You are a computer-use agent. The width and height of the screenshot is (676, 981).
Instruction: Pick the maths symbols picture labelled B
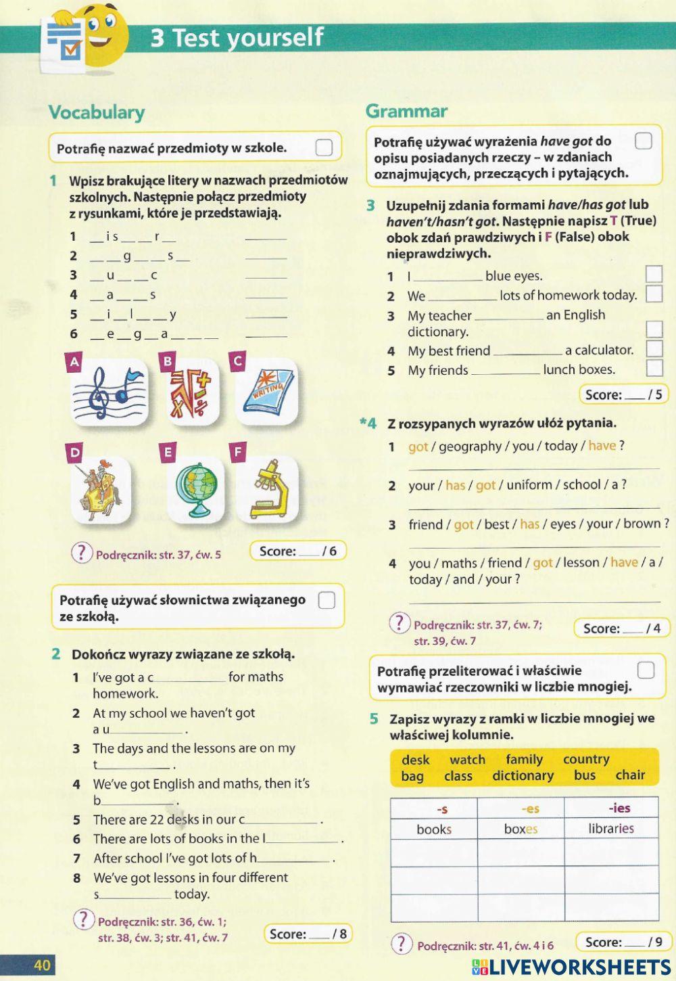point(191,393)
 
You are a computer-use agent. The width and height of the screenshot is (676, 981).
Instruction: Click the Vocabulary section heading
point(97,112)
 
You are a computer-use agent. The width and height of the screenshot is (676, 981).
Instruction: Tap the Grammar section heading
point(406,111)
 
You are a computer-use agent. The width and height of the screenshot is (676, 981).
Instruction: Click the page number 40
point(42,965)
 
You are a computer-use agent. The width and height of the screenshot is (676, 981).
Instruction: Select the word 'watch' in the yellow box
point(467,760)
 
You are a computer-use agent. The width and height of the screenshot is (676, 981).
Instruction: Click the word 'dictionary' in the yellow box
point(523,776)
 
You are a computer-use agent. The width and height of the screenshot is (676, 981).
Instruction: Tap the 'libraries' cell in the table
point(611,829)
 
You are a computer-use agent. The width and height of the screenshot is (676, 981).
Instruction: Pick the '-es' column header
point(530,808)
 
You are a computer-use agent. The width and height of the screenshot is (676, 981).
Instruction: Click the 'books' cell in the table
point(434,829)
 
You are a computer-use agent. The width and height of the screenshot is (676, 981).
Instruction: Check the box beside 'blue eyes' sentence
point(654,274)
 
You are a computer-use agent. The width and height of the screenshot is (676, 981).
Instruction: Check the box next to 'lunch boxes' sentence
point(654,368)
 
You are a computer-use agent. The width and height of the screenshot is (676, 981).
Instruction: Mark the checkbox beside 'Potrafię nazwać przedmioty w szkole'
point(324,147)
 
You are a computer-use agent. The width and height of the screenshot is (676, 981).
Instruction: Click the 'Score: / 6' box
point(297,551)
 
